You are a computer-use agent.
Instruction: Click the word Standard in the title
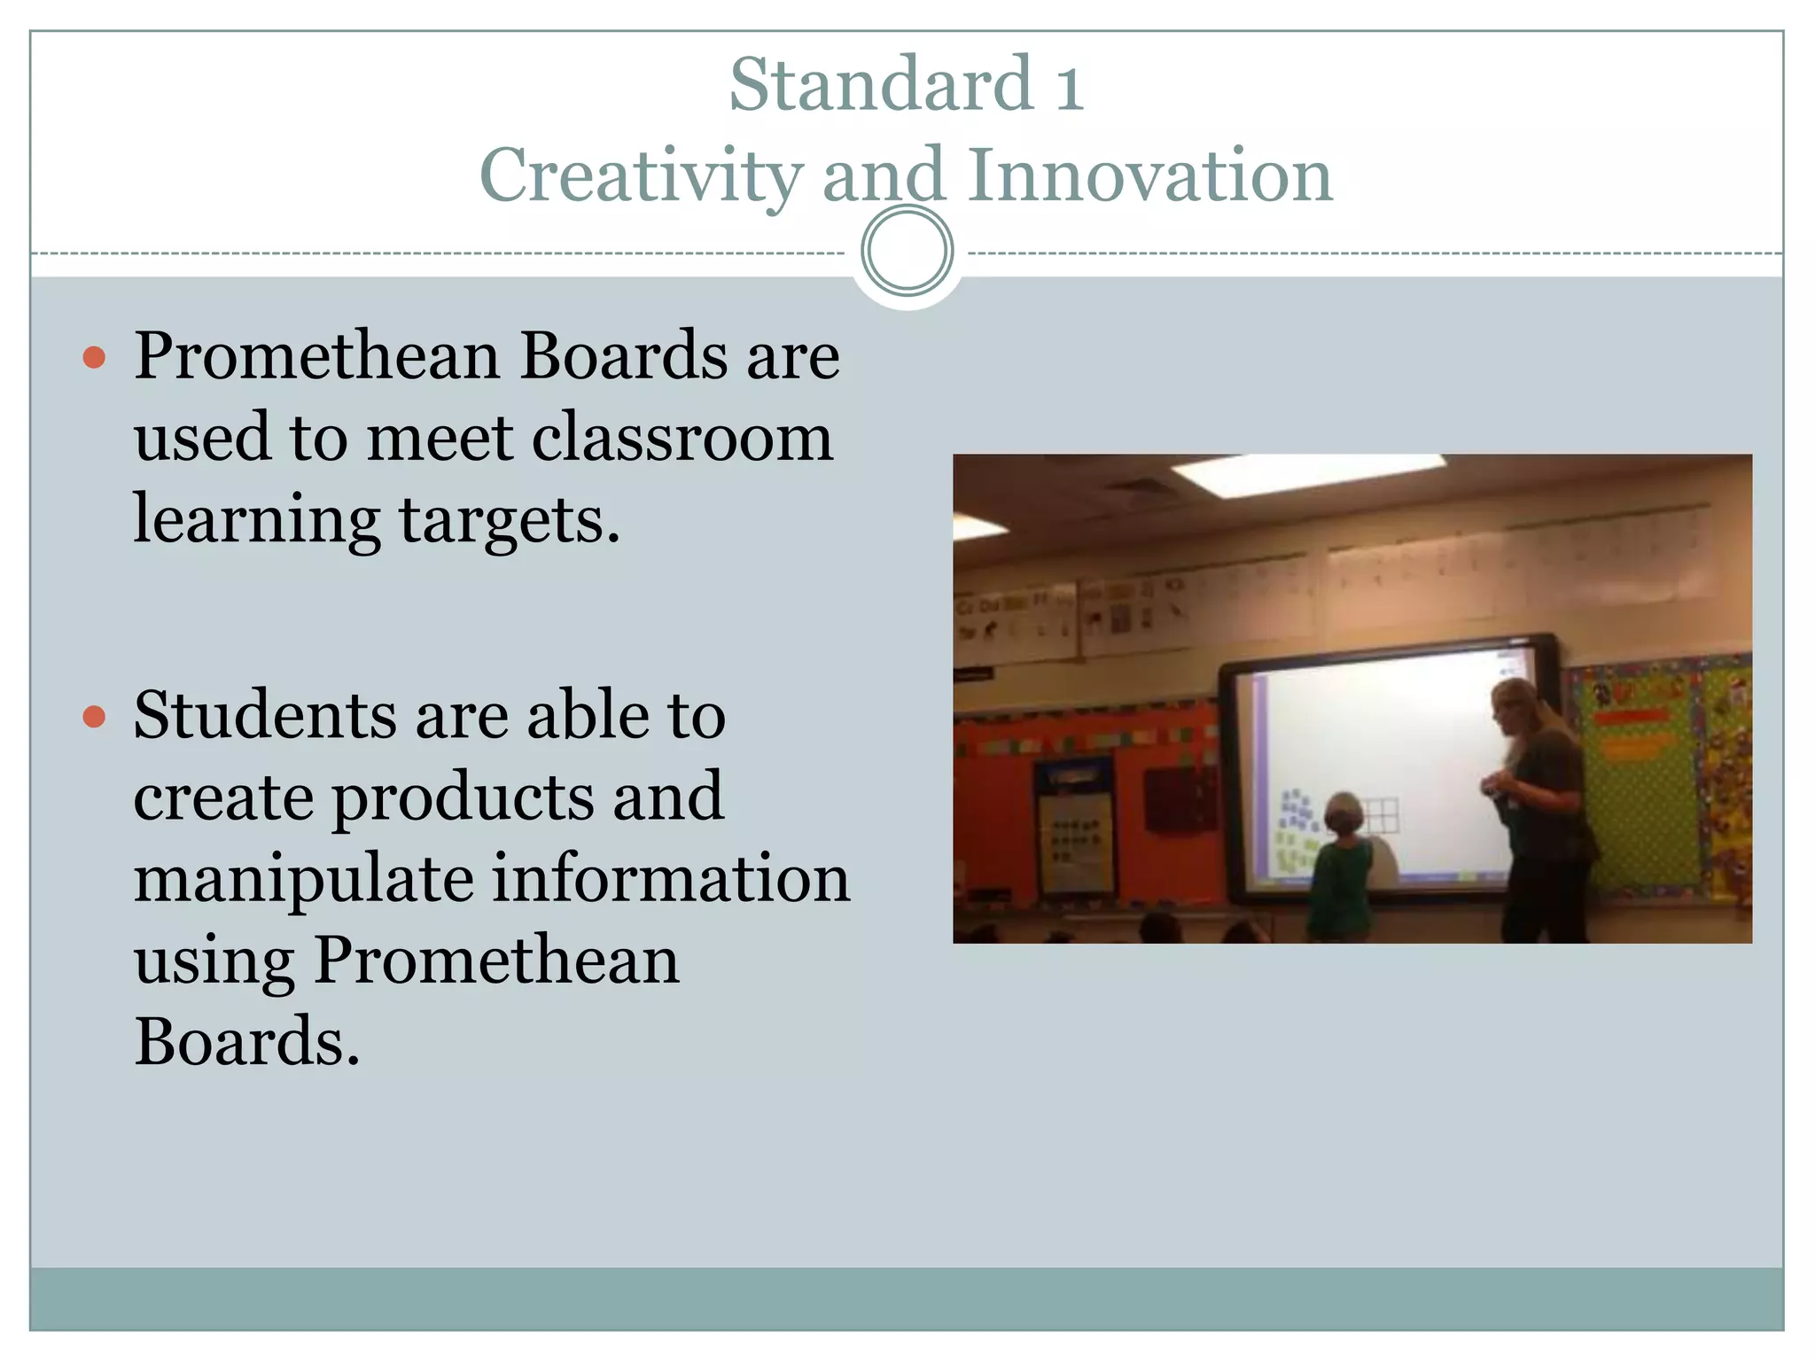tap(881, 84)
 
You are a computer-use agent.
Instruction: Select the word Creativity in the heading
tap(641, 175)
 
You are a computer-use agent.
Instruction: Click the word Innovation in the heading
tap(1149, 175)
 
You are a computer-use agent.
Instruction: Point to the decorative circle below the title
tap(907, 251)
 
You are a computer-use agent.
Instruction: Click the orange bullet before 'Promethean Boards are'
tap(94, 358)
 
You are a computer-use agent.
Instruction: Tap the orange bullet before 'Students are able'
tap(94, 716)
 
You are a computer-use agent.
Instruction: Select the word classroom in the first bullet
tap(682, 438)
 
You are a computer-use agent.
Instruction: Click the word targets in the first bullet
tap(508, 520)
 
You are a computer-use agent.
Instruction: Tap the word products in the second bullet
tap(462, 797)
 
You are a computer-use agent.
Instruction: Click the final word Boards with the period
tap(246, 1041)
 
